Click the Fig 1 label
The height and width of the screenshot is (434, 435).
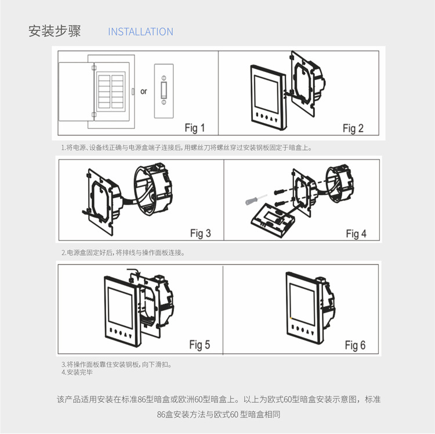194,128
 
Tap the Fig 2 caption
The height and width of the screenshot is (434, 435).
353,128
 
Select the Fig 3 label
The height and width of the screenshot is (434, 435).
200,234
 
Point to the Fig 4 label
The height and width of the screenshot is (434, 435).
356,234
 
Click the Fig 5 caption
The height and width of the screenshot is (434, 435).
199,345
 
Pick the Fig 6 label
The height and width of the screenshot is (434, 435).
355,345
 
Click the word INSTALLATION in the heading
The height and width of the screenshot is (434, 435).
140,32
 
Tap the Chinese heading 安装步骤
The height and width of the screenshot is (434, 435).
55,31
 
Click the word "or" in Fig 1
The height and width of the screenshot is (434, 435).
144,91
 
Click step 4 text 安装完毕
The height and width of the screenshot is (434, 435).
77,372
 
